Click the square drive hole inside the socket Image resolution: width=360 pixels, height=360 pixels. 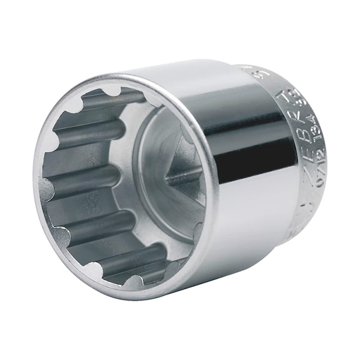coord(171,174)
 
